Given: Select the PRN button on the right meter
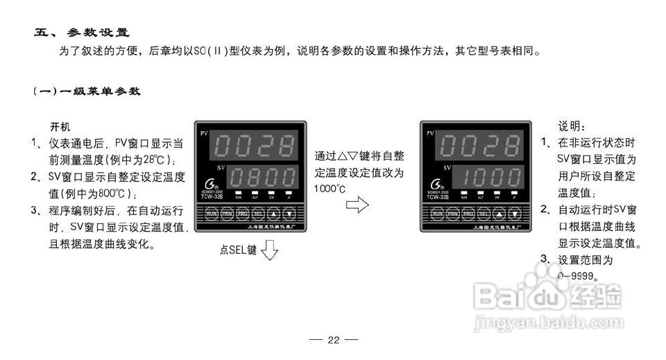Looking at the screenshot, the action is click(454, 214).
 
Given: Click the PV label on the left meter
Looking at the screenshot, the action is click(204, 132).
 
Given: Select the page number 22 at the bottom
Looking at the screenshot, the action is click(333, 340).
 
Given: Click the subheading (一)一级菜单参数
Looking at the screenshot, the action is click(87, 91).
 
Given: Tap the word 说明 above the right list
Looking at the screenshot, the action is click(572, 128).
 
